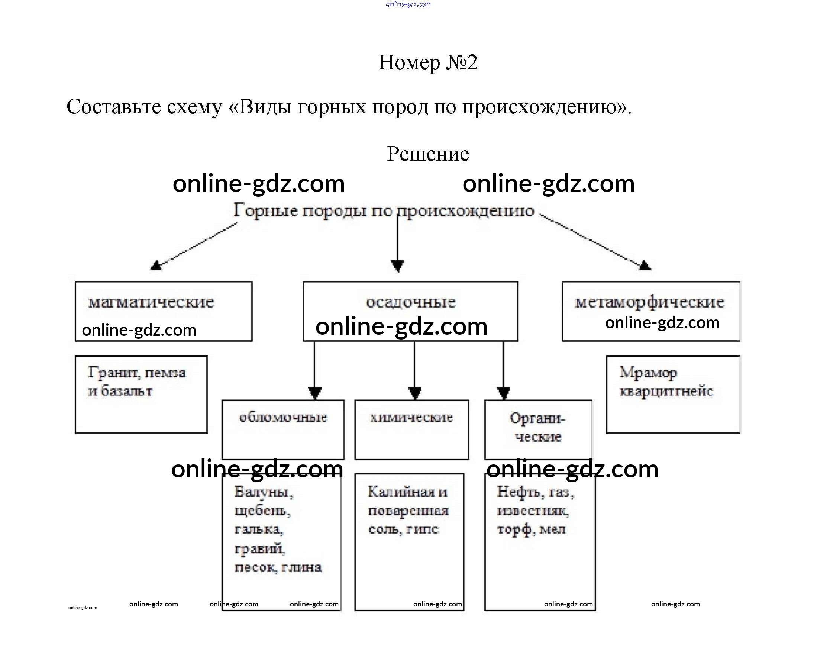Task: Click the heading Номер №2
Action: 428,62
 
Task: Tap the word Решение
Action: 428,154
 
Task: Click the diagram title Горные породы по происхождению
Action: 384,210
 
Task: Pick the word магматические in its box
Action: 151,302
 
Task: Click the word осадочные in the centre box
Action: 411,302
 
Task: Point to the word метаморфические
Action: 649,302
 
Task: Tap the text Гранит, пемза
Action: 137,373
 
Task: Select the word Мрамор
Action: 648,373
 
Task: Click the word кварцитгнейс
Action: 666,391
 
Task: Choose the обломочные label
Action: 283,417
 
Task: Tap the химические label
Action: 411,417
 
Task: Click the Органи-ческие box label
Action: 538,427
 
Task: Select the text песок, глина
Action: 278,567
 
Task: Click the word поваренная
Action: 408,511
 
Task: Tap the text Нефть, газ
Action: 536,492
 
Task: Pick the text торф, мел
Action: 531,530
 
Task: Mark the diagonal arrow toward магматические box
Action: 194,247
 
